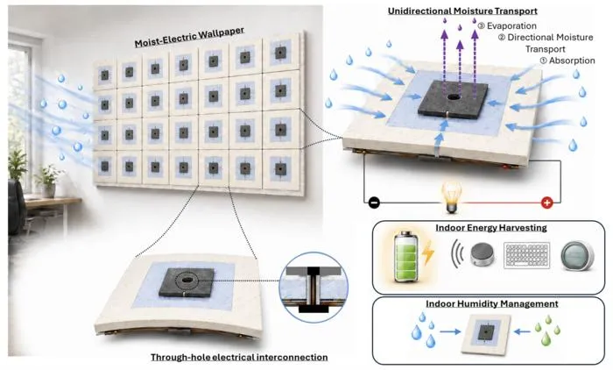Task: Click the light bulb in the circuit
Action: pos(452,198)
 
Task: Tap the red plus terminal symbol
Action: pos(546,203)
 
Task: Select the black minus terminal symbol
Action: pos(374,203)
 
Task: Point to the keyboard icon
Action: pos(527,255)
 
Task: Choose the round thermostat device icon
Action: pos(577,256)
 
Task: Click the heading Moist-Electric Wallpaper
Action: pos(189,37)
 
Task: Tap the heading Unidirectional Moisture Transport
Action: pos(462,11)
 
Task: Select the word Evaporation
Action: pos(511,25)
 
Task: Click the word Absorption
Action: pos(572,60)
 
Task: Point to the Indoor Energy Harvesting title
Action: pos(491,227)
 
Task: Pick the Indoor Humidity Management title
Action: pos(492,304)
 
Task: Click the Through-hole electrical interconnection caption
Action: pos(239,357)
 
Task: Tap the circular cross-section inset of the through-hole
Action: pos(314,287)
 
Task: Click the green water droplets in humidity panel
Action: pos(546,330)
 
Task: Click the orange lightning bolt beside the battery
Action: pos(428,252)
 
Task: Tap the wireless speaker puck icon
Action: pos(483,254)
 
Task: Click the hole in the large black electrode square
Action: pos(454,96)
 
